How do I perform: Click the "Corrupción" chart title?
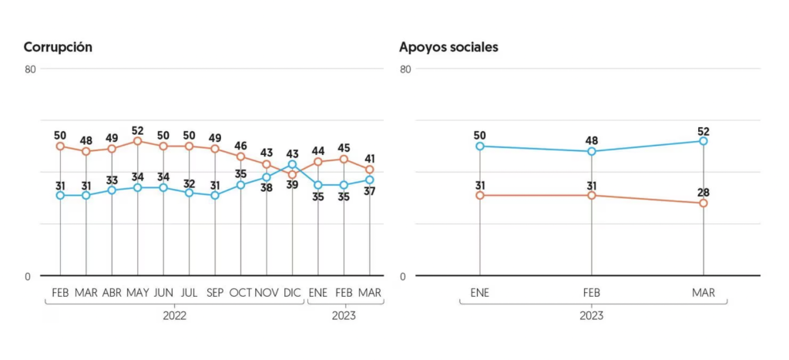coord(58,48)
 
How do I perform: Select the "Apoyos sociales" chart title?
coord(448,47)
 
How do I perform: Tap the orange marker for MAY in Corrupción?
coord(138,141)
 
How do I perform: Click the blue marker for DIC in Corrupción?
coord(292,164)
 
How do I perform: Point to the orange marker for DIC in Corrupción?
coord(292,175)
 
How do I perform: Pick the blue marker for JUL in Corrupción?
coord(190,193)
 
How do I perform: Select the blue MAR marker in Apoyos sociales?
coord(703,141)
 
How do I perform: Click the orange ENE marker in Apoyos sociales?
coord(480,195)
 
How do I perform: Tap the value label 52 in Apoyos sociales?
coord(703,131)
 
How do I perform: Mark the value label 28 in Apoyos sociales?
coord(703,193)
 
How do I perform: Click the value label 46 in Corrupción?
coord(241,146)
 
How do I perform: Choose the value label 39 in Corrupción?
coord(292,185)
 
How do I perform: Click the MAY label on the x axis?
coord(137,293)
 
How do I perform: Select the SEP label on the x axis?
coord(215,293)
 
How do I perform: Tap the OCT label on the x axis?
coord(241,293)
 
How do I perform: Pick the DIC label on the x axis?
coord(292,293)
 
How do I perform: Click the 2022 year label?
coord(175,316)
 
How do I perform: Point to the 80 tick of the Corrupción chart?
coord(31,69)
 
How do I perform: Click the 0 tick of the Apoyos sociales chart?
coord(402,277)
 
